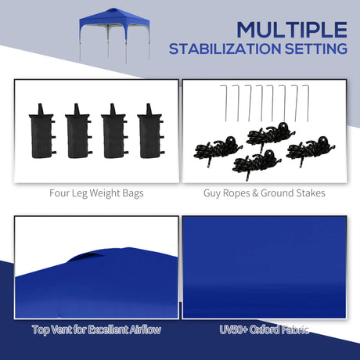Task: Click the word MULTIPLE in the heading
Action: (291, 30)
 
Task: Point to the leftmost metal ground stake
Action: (226, 103)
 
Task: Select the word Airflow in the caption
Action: (140, 329)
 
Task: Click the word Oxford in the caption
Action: (266, 329)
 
